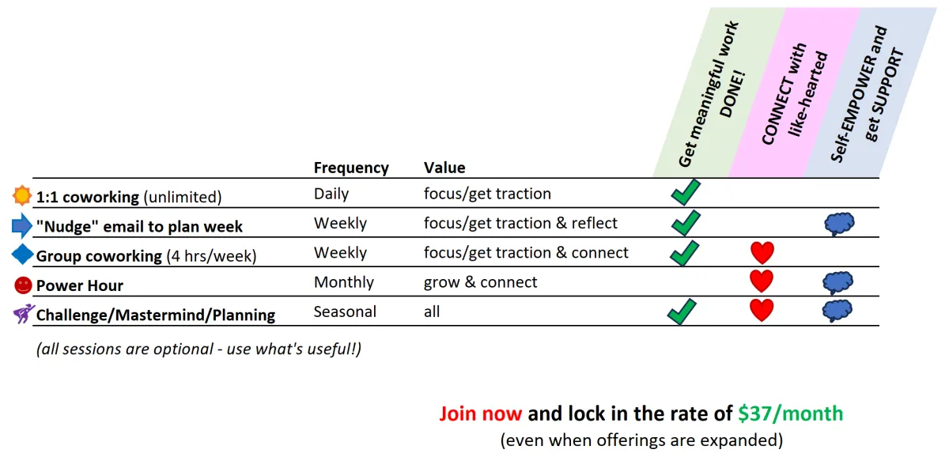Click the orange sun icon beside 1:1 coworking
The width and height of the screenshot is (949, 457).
21,195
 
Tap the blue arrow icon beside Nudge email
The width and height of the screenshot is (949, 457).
21,225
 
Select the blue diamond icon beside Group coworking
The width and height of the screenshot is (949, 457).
22,255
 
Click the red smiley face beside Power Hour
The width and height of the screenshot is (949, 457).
23,285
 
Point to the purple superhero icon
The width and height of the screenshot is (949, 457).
23,314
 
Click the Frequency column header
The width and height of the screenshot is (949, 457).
351,168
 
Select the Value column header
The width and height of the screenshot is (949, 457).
444,168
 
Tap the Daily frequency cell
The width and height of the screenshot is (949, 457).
331,194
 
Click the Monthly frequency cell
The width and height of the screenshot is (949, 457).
343,282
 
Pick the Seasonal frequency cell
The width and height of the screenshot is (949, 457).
345,312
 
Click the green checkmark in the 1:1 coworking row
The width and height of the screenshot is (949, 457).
686,192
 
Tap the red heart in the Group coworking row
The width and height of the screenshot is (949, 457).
762,252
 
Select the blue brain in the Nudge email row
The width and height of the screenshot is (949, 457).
839,224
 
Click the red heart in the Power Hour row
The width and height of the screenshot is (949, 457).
762,281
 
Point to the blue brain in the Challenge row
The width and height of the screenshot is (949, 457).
837,312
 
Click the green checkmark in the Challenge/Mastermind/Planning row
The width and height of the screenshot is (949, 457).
682,312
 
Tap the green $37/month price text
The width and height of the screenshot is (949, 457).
791,414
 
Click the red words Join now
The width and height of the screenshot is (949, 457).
481,414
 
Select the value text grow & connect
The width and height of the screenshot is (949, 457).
480,282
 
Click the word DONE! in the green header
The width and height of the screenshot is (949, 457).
733,94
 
